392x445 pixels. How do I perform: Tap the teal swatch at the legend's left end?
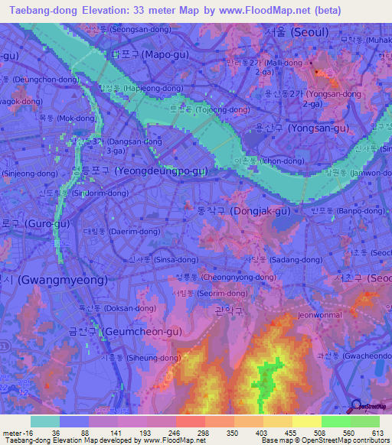click(x=44, y=421)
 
